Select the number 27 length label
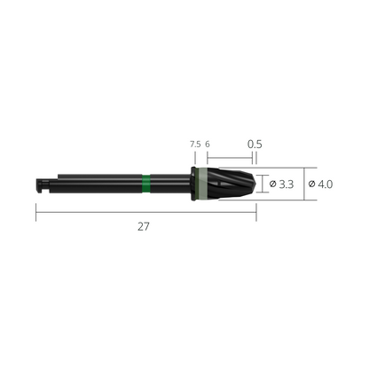tap(144, 226)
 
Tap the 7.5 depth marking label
tap(194, 144)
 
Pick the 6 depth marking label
tap(207, 144)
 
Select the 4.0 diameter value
tap(326, 184)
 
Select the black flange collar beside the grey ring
tap(192, 184)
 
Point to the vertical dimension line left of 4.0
tap(304, 184)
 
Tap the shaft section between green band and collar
tap(169, 184)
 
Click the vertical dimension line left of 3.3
tap(265, 184)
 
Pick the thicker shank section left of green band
tap(98, 184)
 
